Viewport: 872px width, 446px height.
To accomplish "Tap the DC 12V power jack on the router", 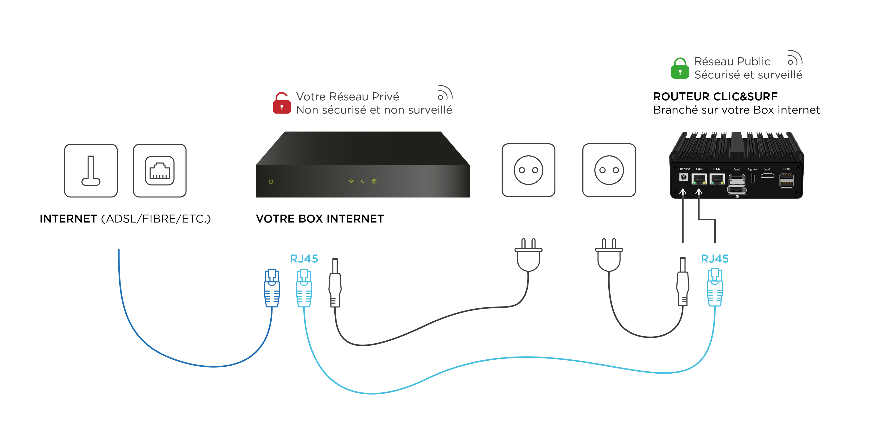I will click(683, 177).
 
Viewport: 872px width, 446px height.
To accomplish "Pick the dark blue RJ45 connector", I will click(272, 288).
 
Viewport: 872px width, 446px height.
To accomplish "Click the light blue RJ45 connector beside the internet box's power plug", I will click(304, 288).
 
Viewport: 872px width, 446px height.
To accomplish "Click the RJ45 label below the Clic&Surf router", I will click(715, 259).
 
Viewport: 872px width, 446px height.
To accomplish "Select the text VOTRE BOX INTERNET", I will click(320, 219).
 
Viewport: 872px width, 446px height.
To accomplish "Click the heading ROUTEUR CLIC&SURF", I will click(715, 96).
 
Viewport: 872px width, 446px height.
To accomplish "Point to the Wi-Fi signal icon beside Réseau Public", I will click(794, 58).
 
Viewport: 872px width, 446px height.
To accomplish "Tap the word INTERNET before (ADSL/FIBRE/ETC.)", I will click(68, 219).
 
